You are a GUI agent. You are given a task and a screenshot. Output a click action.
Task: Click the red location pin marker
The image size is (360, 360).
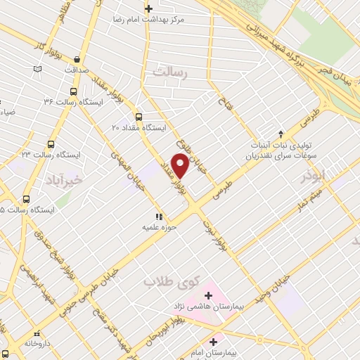(181, 166)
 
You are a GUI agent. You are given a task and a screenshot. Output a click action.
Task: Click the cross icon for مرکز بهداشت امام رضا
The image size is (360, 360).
(148, 9)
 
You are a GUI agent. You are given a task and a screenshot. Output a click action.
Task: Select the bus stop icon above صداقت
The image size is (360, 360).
(77, 59)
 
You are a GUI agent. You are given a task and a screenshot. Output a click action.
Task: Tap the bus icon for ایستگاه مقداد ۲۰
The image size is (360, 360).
(138, 117)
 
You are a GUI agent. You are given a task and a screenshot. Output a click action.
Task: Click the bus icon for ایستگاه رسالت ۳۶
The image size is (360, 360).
(73, 91)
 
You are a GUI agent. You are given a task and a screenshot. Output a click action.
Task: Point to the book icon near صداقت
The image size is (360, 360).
(38, 69)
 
